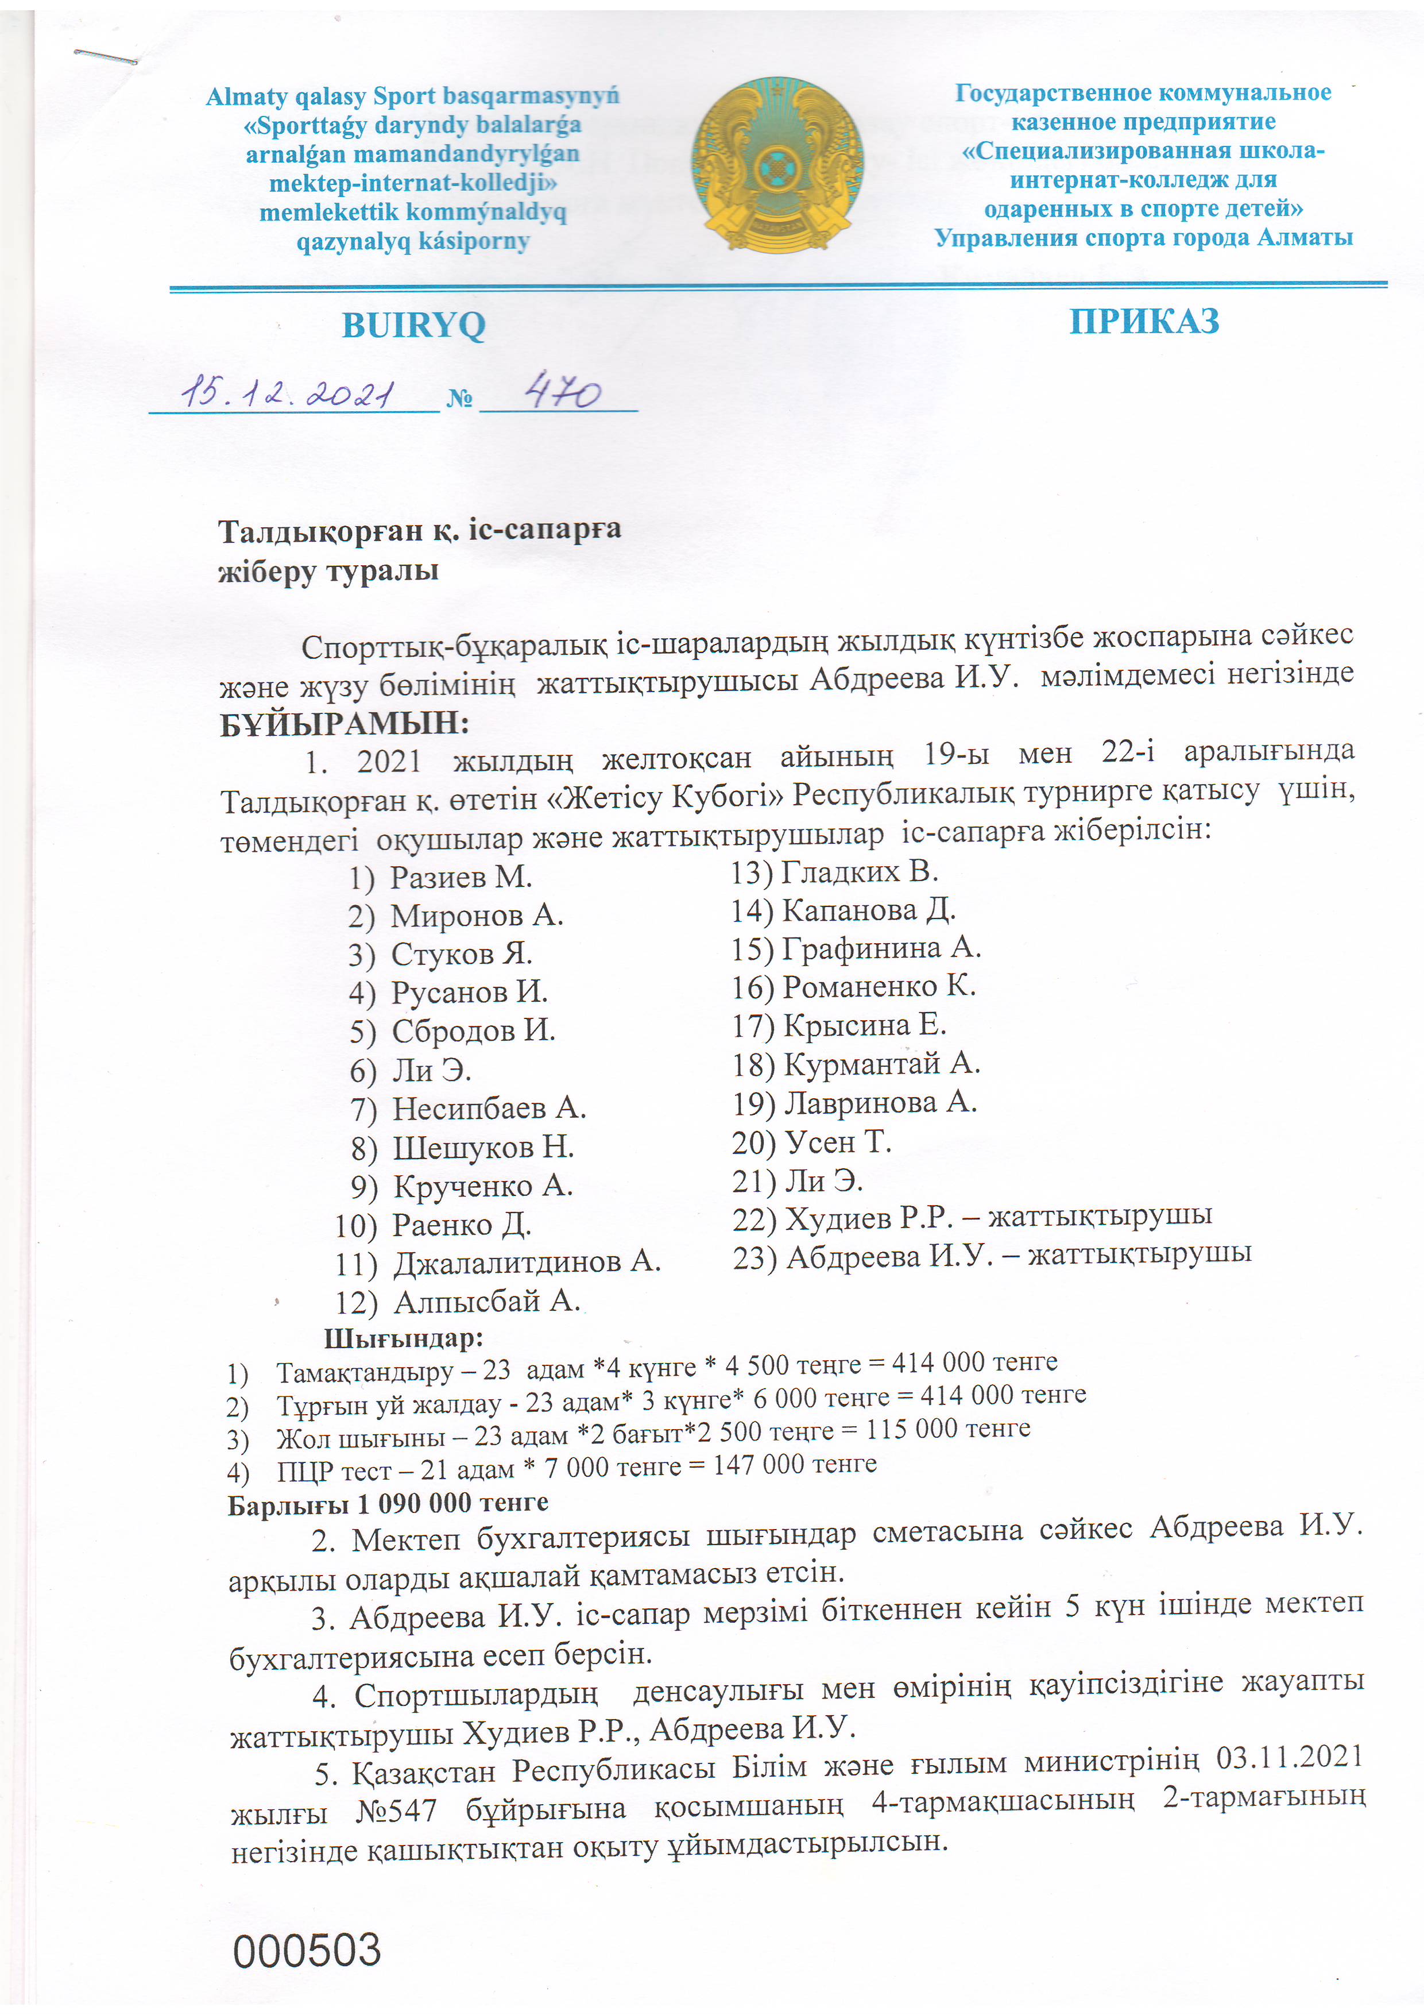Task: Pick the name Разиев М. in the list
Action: [x=461, y=876]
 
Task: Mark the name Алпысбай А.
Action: [x=486, y=1300]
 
